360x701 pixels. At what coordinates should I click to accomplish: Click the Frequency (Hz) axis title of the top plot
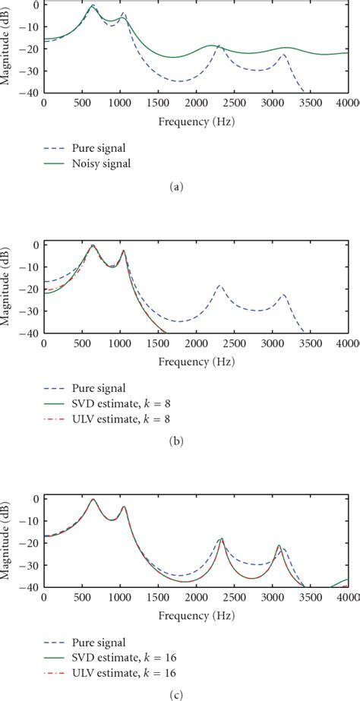196,121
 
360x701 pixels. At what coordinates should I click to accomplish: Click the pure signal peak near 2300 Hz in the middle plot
219,286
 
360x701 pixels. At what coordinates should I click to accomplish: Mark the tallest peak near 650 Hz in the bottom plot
93,500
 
